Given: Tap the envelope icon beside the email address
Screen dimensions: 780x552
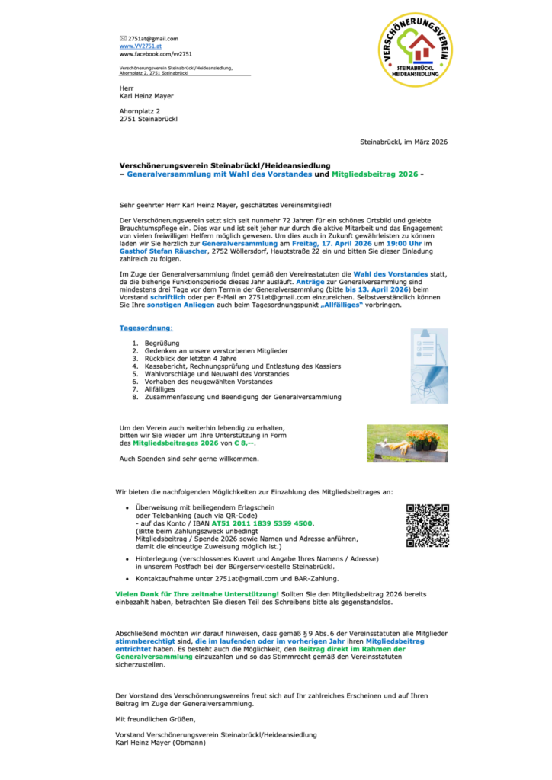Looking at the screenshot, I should click(x=123, y=38).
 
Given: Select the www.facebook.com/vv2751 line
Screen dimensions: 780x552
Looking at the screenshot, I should click(x=156, y=55).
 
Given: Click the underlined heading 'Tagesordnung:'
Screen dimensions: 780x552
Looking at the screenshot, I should click(x=146, y=328).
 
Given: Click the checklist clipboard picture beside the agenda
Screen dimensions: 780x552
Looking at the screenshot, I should click(x=429, y=366).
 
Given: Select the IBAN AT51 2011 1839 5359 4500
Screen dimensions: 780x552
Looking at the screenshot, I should click(x=262, y=523).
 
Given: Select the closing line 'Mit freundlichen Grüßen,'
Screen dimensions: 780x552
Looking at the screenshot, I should click(x=156, y=718).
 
